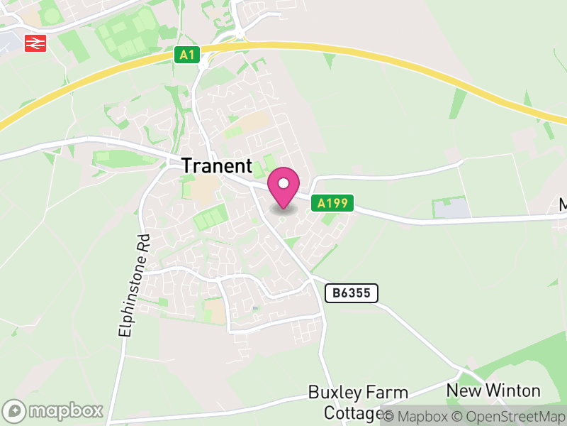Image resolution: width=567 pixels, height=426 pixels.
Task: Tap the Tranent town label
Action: pyautogui.click(x=217, y=166)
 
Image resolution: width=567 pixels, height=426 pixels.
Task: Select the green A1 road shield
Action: pyautogui.click(x=186, y=55)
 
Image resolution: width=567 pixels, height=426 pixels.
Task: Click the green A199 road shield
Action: pyautogui.click(x=332, y=204)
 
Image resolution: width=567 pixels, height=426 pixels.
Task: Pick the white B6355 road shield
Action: pyautogui.click(x=352, y=293)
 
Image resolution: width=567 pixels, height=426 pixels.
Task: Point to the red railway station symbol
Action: pyautogui.click(x=35, y=43)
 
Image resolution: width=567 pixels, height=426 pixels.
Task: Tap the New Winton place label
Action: pyautogui.click(x=493, y=390)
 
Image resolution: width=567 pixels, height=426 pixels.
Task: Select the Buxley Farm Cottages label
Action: pyautogui.click(x=358, y=403)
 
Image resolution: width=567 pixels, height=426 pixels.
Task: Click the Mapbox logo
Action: pyautogui.click(x=53, y=410)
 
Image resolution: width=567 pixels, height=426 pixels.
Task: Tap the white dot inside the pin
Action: pyautogui.click(x=283, y=184)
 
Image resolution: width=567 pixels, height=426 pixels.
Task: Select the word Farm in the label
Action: pyautogui.click(x=386, y=393)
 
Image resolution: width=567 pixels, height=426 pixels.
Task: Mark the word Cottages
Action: pyautogui.click(x=352, y=413)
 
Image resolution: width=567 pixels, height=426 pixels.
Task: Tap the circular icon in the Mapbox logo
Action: pyautogui.click(x=14, y=410)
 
